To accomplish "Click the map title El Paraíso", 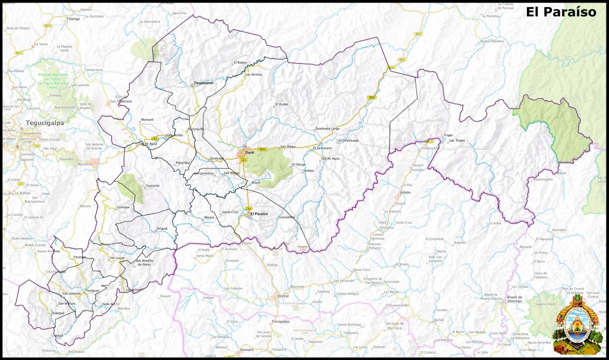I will [x=560, y=12].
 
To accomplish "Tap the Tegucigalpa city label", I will [x=44, y=123].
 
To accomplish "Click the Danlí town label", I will [x=250, y=152].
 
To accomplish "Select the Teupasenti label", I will [x=203, y=83].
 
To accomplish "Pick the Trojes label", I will [x=448, y=135].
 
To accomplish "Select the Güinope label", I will [x=124, y=207].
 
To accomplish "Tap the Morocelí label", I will [x=147, y=120].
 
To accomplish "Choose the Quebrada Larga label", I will [x=327, y=129].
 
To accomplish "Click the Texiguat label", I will [x=92, y=290].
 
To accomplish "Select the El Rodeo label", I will [x=240, y=62].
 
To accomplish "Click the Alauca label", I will [x=209, y=218].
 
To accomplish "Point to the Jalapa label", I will [x=406, y=193].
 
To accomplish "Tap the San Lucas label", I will [x=117, y=258].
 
